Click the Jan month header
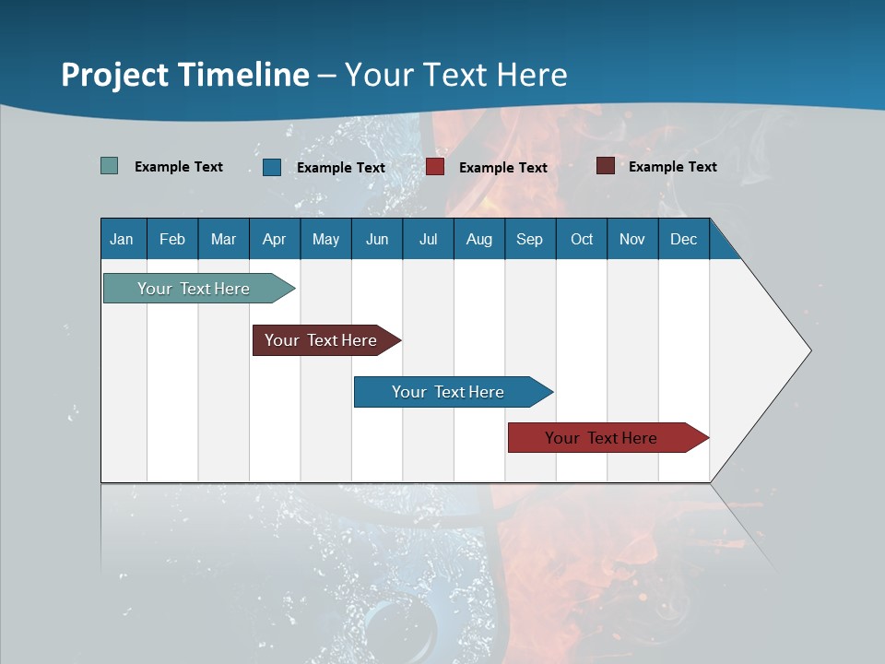[123, 239]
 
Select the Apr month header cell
[274, 239]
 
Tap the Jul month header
[428, 239]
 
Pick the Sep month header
[529, 239]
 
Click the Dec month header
[683, 239]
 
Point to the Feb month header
[172, 239]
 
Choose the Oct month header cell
[582, 239]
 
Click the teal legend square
[110, 166]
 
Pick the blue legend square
[272, 167]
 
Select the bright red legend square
[435, 167]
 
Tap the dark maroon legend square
[606, 166]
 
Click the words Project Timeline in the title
[184, 74]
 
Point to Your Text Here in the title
[455, 74]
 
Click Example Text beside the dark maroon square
[672, 166]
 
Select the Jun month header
[377, 239]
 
